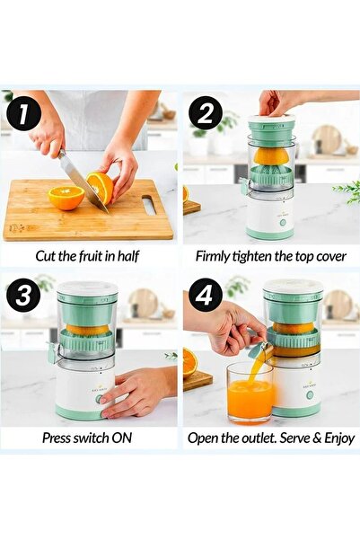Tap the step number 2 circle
(x=206, y=114)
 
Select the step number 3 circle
(x=24, y=297)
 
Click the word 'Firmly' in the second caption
(x=215, y=255)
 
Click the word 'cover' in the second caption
(x=327, y=255)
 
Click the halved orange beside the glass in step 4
(x=190, y=362)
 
